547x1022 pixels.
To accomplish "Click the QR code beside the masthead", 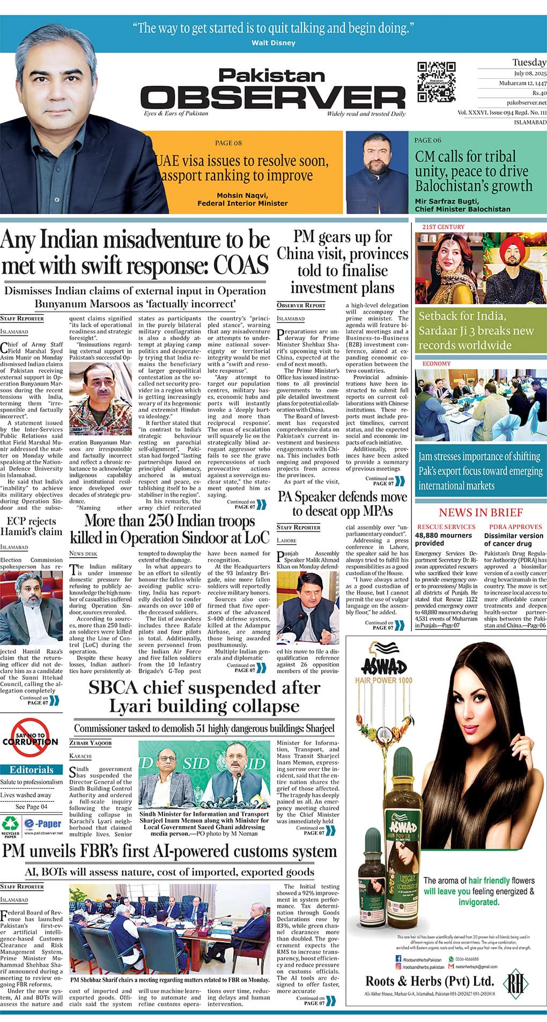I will tap(437, 82).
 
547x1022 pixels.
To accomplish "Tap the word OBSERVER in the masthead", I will tap(273, 98).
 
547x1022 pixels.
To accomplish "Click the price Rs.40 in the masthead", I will tap(537, 93).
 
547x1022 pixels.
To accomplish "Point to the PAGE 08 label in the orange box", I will tap(228, 143).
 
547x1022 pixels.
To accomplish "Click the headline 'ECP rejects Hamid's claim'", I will tap(32, 527).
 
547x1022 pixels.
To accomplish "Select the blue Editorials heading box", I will tap(32, 770).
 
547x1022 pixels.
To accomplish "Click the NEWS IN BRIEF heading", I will tap(481, 513).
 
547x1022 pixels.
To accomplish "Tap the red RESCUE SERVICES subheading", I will tap(446, 527).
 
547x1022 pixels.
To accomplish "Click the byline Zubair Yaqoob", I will tap(90, 743).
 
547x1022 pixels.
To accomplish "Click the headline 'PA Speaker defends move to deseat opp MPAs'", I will tap(342, 504).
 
